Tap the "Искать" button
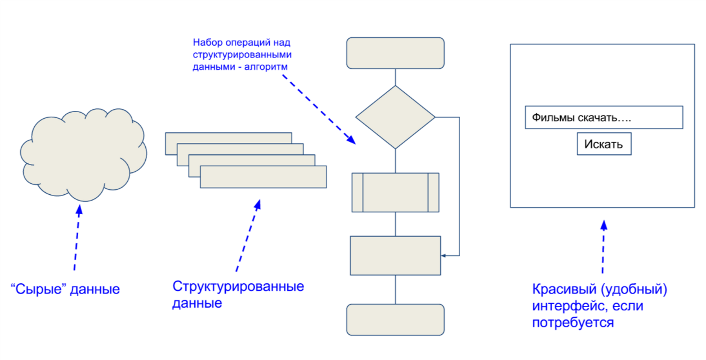pyautogui.click(x=604, y=144)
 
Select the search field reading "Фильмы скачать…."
pyautogui.click(x=604, y=118)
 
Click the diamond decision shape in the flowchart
pyautogui.click(x=395, y=117)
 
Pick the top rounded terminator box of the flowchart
pyautogui.click(x=395, y=53)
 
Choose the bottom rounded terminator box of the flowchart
pyautogui.click(x=395, y=319)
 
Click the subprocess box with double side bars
pyautogui.click(x=395, y=192)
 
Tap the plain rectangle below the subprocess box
pyautogui.click(x=395, y=255)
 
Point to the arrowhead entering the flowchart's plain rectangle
pyautogui.click(x=443, y=255)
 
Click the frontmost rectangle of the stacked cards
pyautogui.click(x=263, y=177)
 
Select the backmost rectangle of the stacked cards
pyautogui.click(x=228, y=137)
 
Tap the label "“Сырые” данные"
pyautogui.click(x=65, y=290)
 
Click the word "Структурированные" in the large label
pyautogui.click(x=238, y=286)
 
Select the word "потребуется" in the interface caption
pyautogui.click(x=573, y=323)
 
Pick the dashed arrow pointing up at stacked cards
pyautogui.click(x=248, y=237)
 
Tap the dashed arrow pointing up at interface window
pyautogui.click(x=603, y=248)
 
